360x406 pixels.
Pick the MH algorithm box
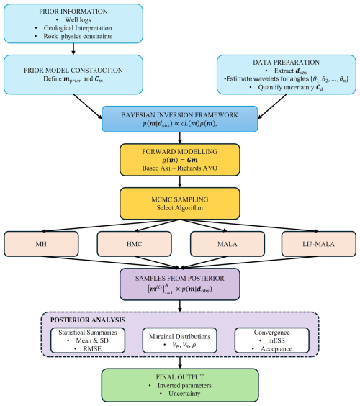[42, 244]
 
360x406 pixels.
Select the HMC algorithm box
[133, 244]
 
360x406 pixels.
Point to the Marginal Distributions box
[179, 340]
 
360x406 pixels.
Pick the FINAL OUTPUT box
[179, 387]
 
